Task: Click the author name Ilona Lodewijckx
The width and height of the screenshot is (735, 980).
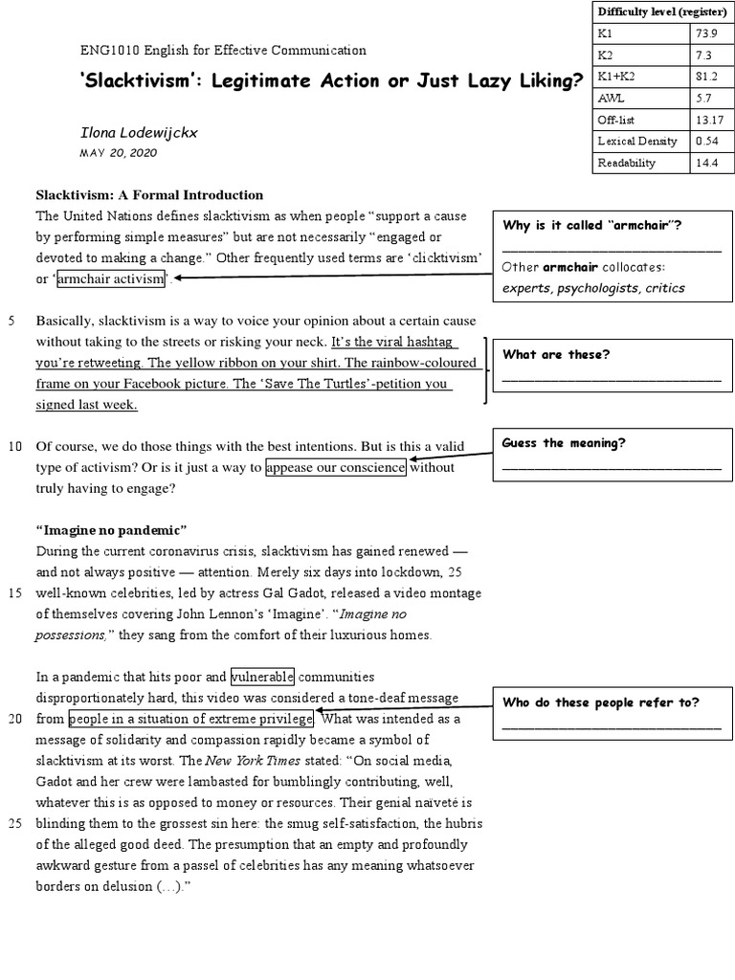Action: (x=138, y=132)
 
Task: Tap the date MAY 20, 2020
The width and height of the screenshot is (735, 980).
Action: (x=118, y=153)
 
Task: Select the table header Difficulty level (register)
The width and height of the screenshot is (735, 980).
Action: (x=659, y=11)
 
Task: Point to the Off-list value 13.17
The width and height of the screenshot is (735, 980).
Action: (x=710, y=120)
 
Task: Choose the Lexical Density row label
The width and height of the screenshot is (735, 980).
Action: (x=637, y=141)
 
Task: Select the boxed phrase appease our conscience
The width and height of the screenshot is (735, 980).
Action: (x=337, y=467)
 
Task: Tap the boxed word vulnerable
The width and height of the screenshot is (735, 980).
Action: (x=262, y=677)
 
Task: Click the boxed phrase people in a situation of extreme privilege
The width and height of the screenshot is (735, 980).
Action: (x=190, y=719)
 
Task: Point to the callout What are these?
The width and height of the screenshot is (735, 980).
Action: (x=556, y=354)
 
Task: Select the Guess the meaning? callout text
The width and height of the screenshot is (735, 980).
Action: (x=564, y=443)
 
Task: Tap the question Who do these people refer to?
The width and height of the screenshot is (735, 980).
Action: (x=600, y=702)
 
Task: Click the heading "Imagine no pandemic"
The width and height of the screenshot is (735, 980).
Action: (x=111, y=530)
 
